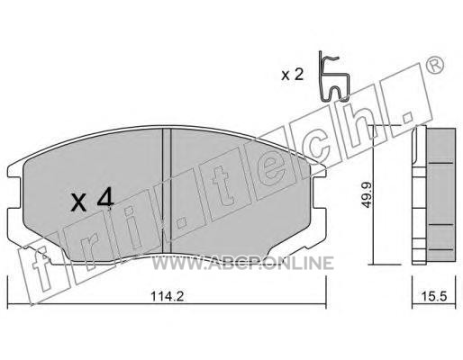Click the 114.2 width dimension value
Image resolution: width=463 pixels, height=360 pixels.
pos(167,297)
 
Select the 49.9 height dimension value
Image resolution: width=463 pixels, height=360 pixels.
pos(366,195)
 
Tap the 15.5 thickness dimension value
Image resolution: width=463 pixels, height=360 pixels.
pos(434,296)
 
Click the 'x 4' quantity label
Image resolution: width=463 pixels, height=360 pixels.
pos(93,199)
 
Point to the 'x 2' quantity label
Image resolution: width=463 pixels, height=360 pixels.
pos(293,75)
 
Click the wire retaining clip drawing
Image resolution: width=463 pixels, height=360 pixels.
pos(333,76)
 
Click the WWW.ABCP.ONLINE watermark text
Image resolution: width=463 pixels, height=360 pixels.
pos(242,263)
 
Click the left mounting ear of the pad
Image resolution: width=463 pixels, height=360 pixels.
pos(15,192)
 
